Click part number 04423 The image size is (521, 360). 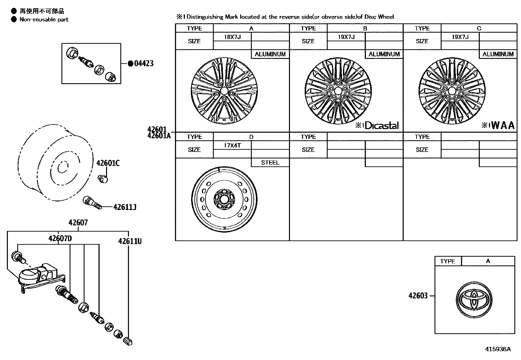tap(144, 64)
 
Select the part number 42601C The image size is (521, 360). tap(108, 163)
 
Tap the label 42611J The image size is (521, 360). tap(125, 207)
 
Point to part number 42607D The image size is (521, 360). tap(60, 238)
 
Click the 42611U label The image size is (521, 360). tap(130, 241)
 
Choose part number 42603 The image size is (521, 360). tap(418, 296)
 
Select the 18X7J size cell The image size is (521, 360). tap(232, 37)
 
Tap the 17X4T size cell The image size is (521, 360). tap(232, 145)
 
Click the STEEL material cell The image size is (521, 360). tap(270, 162)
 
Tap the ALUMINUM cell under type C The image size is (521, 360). tap(498, 54)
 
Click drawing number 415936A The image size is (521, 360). tap(497, 349)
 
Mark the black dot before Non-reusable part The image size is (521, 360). tap(14, 19)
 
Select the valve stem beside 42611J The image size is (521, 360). tap(93, 202)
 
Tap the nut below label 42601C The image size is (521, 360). tap(103, 179)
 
